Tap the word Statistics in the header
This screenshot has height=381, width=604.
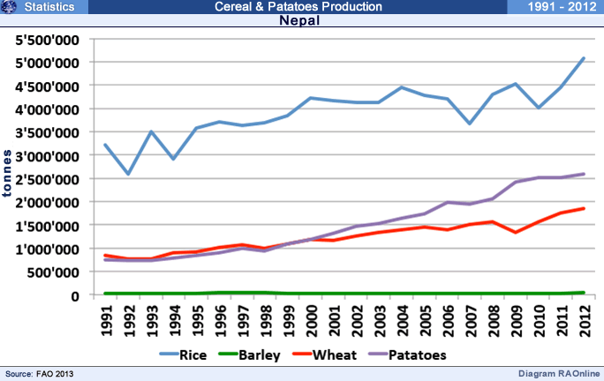[x=49, y=7]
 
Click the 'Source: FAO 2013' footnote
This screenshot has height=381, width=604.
[x=39, y=374]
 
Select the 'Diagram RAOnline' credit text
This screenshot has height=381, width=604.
[x=556, y=374]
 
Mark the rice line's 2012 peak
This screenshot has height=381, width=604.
[x=582, y=58]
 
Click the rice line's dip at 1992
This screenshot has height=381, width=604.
[x=129, y=174]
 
